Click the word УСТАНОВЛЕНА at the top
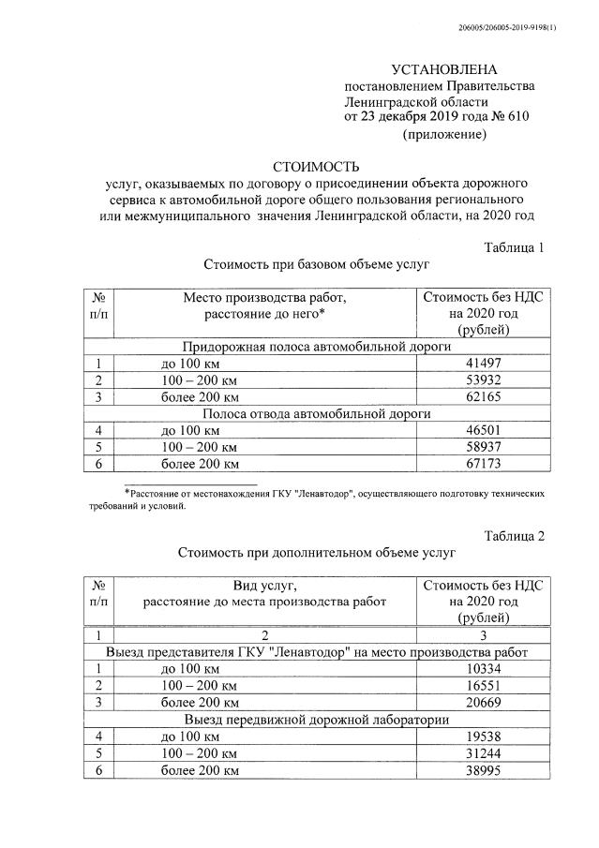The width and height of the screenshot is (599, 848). (x=444, y=69)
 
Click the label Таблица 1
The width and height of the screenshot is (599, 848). (x=514, y=247)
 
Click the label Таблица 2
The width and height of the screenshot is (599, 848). (x=514, y=536)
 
